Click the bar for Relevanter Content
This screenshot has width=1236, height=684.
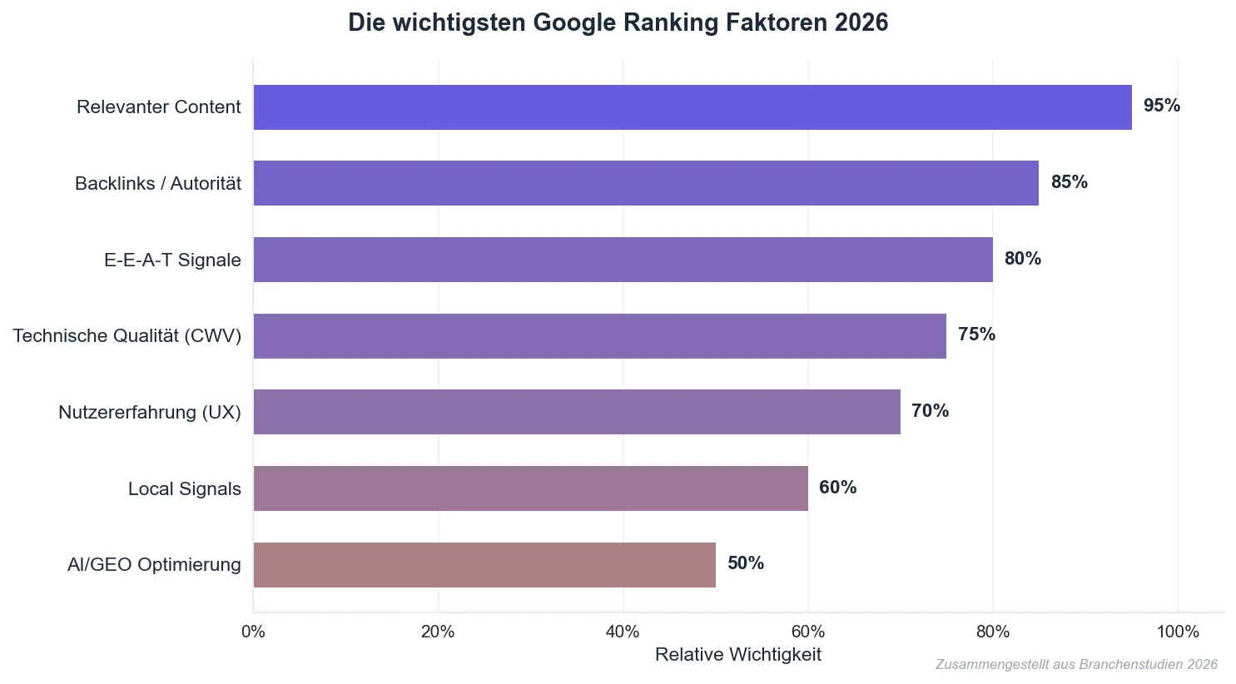691,107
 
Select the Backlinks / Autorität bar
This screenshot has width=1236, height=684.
645,183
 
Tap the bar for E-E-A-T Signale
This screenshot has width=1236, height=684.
623,260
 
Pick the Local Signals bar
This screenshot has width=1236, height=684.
530,488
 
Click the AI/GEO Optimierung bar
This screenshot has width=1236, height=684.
484,565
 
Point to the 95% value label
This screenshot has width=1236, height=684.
1161,106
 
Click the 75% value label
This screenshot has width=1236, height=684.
976,335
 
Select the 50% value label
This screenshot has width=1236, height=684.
745,563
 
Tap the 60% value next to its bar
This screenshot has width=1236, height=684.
837,488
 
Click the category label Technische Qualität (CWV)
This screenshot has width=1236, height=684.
127,336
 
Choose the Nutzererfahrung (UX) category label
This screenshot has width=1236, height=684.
149,413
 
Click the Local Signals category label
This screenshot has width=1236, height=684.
184,489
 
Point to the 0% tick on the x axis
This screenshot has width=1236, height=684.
253,632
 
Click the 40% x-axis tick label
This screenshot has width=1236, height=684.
623,632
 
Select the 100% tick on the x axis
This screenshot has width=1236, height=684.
1177,632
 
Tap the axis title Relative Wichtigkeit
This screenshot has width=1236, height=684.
737,655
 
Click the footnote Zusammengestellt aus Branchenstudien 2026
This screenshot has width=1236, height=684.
1075,665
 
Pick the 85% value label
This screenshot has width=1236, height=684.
1069,182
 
